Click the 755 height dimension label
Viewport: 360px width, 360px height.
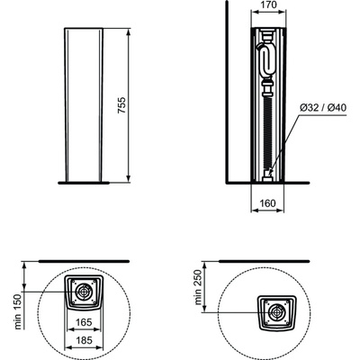coord(122,105)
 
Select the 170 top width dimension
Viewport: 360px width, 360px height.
coord(267,5)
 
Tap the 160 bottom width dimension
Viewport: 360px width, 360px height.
coord(267,203)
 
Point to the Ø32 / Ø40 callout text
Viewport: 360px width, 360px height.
coord(323,107)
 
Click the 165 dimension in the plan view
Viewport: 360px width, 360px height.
coord(84,322)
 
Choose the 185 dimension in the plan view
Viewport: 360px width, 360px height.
coord(84,340)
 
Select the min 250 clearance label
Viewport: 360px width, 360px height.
coord(198,287)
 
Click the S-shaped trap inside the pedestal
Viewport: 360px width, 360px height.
coord(266,61)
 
